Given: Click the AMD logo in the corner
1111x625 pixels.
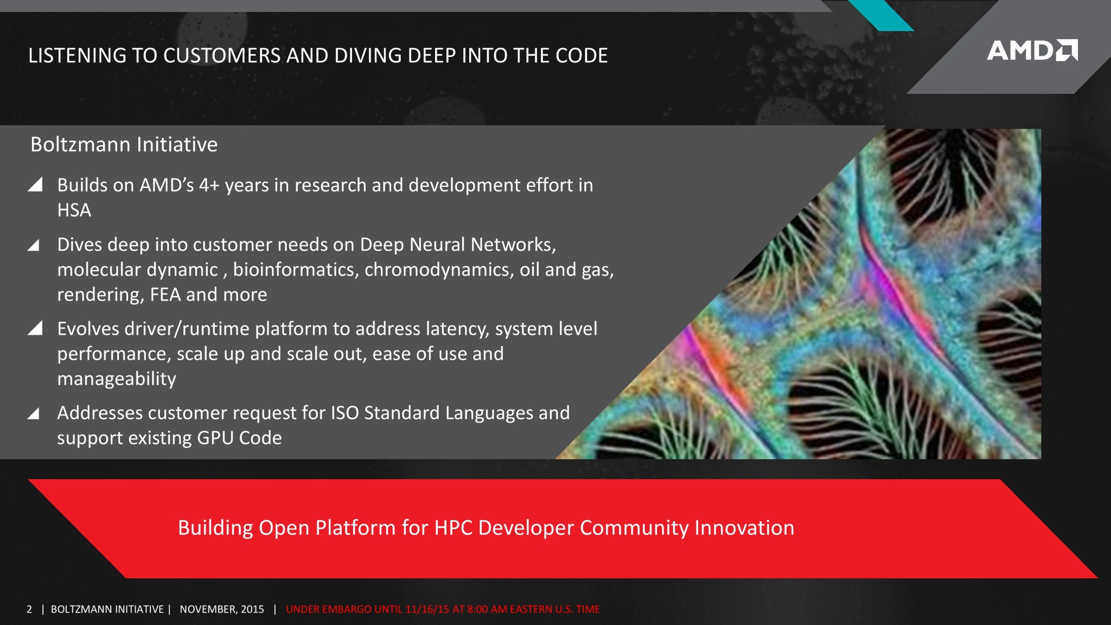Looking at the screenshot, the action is point(1032,50).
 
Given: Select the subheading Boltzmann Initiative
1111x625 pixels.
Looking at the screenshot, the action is point(124,144).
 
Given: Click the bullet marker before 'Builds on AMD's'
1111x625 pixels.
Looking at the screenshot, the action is point(35,184).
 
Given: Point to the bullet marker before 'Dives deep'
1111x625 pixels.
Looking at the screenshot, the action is point(34,245).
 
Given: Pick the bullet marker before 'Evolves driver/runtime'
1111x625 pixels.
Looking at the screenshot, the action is point(35,328).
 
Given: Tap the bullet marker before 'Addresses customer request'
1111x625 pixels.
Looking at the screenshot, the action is point(34,413).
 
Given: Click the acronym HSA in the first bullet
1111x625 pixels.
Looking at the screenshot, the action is point(74,210).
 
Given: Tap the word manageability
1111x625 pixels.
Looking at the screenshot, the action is point(117,379).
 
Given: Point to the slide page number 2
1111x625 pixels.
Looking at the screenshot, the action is point(29,609).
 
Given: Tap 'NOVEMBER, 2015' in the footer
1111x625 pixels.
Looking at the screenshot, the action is point(222,609).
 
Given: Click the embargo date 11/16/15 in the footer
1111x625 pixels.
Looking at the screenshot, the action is point(427,609).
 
